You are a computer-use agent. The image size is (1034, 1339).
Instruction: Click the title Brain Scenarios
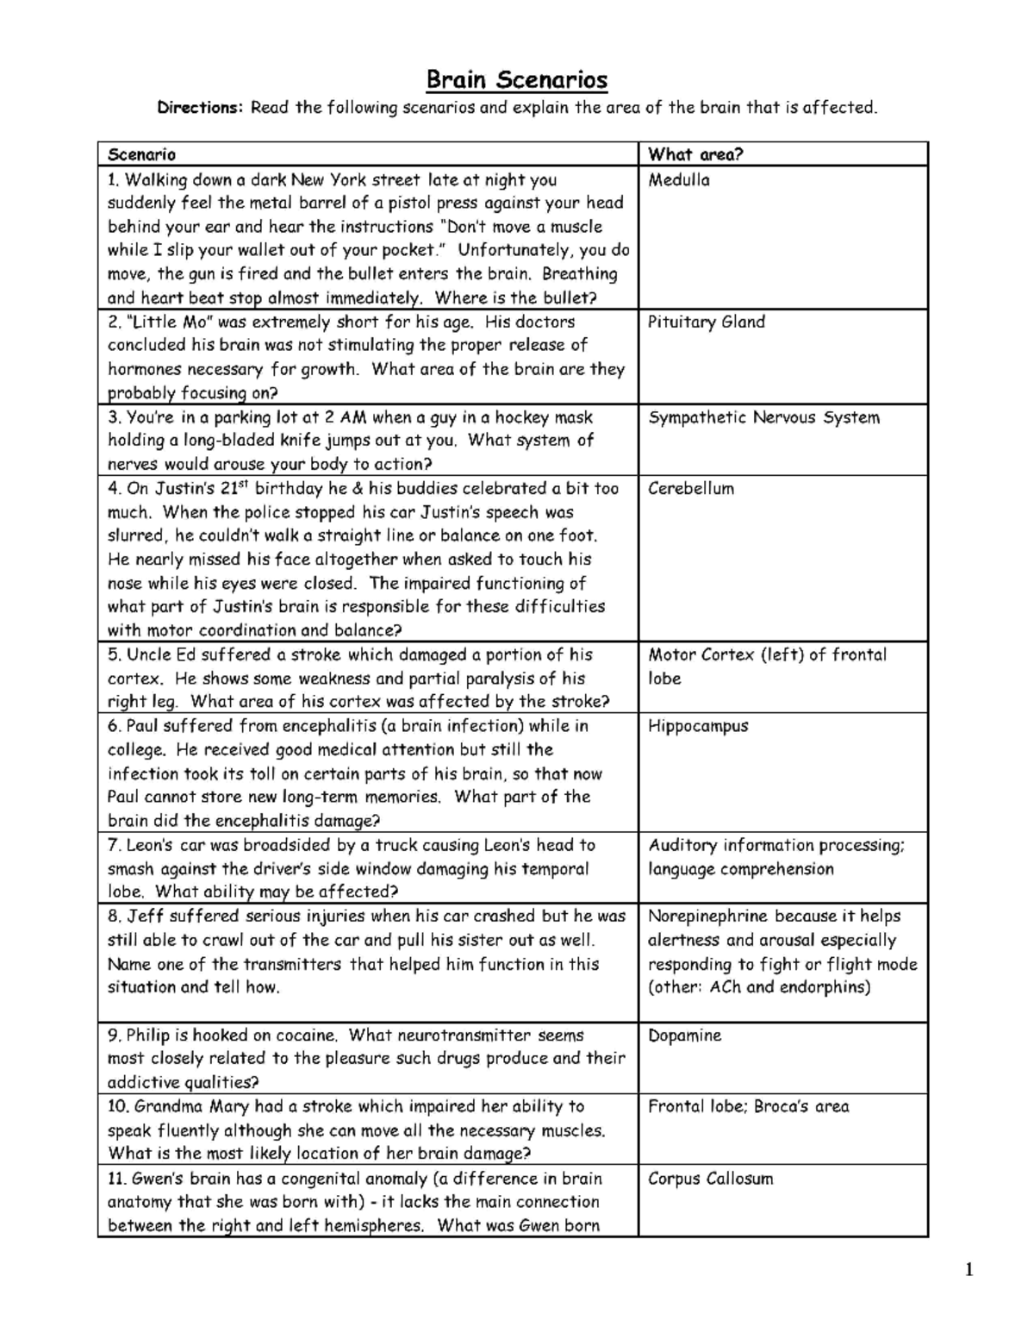click(517, 80)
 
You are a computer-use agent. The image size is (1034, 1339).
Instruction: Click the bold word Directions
click(201, 108)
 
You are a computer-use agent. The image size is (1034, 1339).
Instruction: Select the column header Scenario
click(141, 154)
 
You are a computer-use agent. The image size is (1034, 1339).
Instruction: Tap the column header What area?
click(695, 154)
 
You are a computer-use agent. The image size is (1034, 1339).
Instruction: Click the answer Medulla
click(679, 180)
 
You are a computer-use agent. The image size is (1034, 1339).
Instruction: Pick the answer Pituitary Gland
click(707, 322)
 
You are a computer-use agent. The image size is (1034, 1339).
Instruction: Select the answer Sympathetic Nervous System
click(763, 417)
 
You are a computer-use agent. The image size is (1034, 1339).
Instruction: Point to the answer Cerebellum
click(691, 488)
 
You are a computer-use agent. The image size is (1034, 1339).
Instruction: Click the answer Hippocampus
click(698, 726)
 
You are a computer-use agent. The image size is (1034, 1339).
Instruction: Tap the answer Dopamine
click(684, 1036)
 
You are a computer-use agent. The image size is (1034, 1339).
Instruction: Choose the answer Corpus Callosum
click(710, 1179)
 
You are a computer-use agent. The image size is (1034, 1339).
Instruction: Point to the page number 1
click(969, 1269)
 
